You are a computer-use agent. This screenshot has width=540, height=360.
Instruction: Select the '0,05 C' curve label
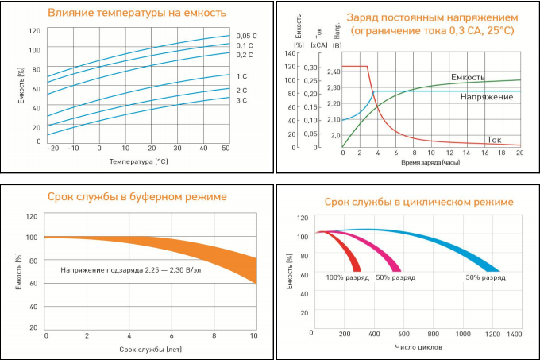[x=246, y=36]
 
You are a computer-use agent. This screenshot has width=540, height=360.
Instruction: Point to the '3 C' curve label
[x=241, y=101]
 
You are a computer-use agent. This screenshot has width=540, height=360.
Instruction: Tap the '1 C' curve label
[x=241, y=76]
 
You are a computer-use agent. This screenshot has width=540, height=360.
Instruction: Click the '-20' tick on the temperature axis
[x=53, y=149]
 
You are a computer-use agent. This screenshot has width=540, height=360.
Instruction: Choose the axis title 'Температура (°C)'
[x=140, y=161]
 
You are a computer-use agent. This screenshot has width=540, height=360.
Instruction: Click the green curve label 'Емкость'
[x=469, y=77]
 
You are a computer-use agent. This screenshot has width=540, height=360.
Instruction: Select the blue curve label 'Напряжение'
[x=486, y=97]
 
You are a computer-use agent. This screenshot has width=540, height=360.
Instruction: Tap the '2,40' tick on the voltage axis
[x=334, y=72]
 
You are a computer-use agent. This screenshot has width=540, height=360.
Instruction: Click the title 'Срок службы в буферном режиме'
[x=137, y=196]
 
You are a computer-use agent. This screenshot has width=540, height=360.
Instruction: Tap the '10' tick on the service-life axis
[x=253, y=336]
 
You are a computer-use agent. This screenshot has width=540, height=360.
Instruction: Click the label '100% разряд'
[x=345, y=278]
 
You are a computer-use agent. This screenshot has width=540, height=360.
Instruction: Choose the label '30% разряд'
[x=485, y=278]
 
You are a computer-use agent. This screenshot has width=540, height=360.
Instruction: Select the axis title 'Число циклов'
[x=418, y=347]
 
